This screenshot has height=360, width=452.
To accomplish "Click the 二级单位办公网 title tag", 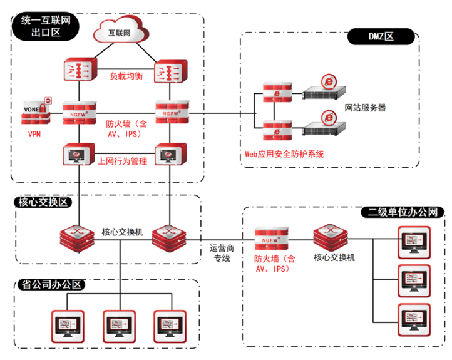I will click(x=404, y=212).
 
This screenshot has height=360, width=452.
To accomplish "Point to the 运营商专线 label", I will click(x=223, y=252).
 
